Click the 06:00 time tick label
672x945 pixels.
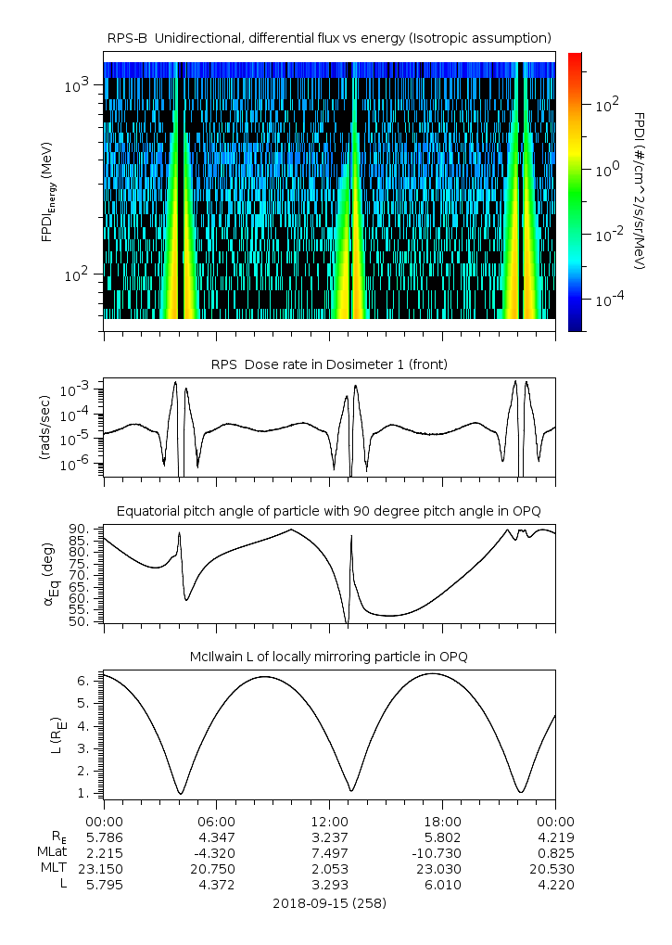tap(216, 822)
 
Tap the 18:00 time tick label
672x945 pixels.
tap(442, 822)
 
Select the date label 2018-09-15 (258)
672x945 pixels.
tap(329, 902)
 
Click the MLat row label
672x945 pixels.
tap(49, 851)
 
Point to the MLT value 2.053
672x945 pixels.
tap(329, 868)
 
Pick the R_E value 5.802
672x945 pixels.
tap(442, 836)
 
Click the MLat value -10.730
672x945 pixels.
tap(442, 851)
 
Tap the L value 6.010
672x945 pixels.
tap(442, 884)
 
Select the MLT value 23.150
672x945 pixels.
tap(104, 868)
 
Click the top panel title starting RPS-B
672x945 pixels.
tap(329, 37)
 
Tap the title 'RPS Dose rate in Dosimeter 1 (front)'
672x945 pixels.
tap(329, 364)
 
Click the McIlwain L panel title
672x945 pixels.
tap(329, 657)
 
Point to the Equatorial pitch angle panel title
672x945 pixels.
tap(329, 511)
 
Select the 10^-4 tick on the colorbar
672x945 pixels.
tap(606, 300)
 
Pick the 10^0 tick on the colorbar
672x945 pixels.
tap(606, 170)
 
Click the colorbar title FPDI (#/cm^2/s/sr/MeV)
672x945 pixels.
tap(640, 190)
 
